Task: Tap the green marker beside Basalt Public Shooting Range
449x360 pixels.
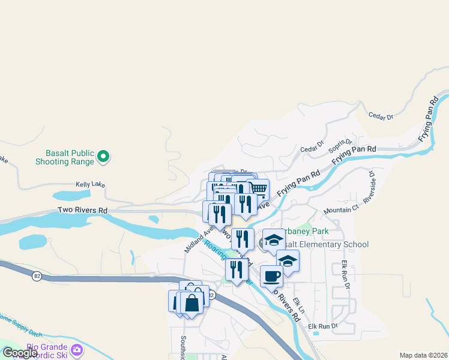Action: click(103, 157)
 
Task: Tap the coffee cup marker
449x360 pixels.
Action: click(271, 275)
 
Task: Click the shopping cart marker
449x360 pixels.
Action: click(258, 189)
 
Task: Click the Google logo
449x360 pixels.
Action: click(20, 353)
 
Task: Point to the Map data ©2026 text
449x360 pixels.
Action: click(423, 355)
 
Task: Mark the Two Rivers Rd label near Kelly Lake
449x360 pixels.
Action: click(82, 211)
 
